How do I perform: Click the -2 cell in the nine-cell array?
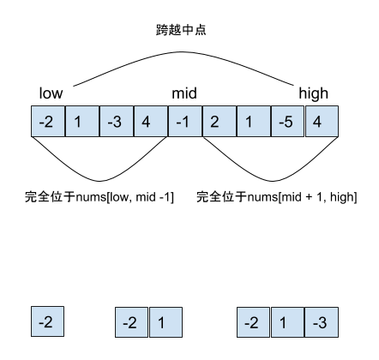pos(47,122)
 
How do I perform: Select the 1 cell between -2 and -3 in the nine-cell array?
pos(81,122)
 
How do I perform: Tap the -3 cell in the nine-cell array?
pos(116,122)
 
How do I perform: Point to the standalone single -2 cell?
pos(47,322)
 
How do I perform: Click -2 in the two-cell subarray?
pos(131,322)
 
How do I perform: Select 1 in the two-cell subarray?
pos(165,322)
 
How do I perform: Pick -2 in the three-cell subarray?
pos(253,322)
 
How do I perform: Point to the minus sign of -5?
pos(280,123)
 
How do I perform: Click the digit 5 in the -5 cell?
pos(290,122)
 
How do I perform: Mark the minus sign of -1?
pos(177,123)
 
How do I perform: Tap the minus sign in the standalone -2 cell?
pos(41,323)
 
